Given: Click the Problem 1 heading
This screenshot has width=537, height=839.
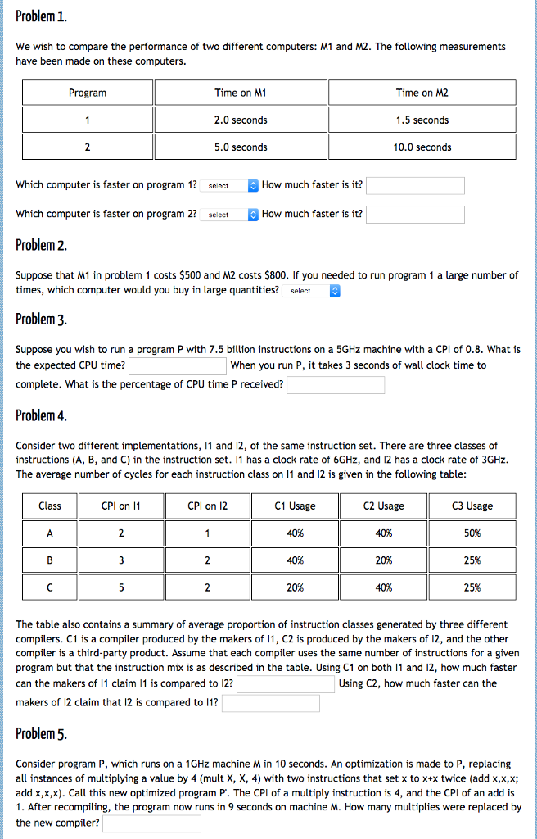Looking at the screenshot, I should [42, 16].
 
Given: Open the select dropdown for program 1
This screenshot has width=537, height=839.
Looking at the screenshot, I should [229, 186].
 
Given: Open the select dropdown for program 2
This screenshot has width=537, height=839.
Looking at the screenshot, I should [229, 215].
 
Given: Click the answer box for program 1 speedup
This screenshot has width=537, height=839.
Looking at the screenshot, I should [415, 185].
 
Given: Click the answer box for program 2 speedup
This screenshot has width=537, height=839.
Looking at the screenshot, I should [415, 215].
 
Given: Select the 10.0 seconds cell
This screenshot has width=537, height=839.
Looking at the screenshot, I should [422, 147].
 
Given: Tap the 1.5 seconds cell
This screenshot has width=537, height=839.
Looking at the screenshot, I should [422, 120].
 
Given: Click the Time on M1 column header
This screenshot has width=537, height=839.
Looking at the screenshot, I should [241, 93].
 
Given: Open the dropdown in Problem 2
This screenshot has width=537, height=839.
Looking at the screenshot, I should [311, 291].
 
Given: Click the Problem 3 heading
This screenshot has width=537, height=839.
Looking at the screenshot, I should [42, 319].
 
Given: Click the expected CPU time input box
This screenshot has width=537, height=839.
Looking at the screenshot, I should [178, 365].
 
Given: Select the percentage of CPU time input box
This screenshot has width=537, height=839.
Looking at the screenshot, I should [336, 385].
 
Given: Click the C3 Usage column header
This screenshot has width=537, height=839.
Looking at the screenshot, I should [472, 506].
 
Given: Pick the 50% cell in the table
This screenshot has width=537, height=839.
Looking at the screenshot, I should [472, 533].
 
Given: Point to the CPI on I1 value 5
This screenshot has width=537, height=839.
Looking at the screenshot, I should [121, 587].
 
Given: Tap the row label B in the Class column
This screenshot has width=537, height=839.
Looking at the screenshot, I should [50, 560].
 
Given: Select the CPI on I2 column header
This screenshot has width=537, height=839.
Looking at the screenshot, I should [208, 506].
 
